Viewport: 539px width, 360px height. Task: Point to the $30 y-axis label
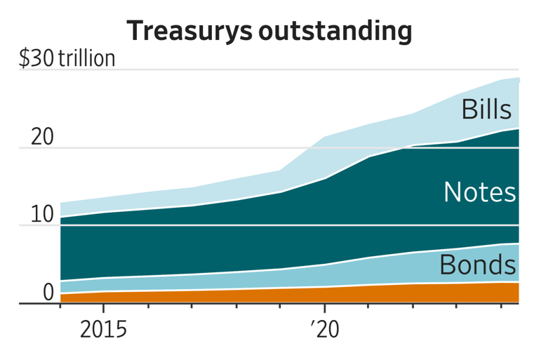(x=36, y=59)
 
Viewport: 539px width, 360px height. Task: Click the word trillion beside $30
(x=86, y=59)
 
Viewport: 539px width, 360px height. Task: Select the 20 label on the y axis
(x=42, y=138)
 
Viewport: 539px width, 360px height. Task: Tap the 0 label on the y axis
(x=48, y=292)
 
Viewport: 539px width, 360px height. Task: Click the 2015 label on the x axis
(x=104, y=329)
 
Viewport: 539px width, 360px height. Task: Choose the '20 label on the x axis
(x=324, y=329)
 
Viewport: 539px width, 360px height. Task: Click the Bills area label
(x=486, y=110)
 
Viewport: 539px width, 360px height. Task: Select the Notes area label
(x=479, y=192)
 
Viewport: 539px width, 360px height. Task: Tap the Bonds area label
(x=477, y=265)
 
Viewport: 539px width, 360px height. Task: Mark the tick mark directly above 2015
(x=104, y=308)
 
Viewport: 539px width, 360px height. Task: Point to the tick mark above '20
(x=324, y=308)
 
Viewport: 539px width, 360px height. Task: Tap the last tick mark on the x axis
(x=500, y=308)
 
